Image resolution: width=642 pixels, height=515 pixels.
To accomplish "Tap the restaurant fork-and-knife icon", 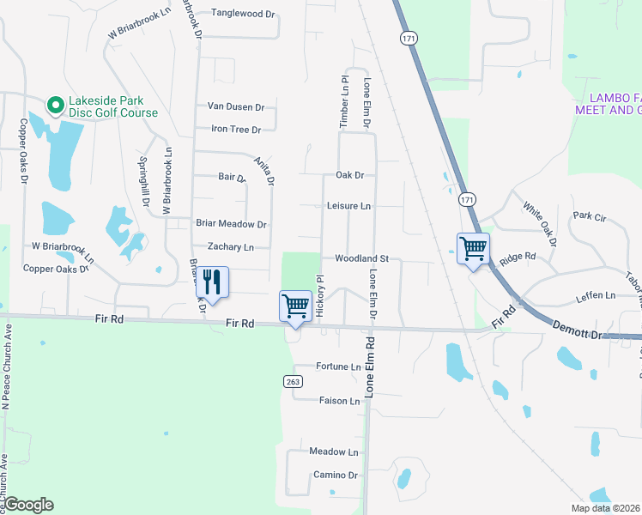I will pos(212,282).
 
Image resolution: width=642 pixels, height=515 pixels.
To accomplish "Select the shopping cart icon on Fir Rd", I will pos(295,306).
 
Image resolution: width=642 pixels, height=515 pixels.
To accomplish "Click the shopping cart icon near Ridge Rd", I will pos(473,249).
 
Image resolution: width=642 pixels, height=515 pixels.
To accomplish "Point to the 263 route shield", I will pos(291,380).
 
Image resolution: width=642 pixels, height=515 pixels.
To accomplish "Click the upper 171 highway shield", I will pos(407,38).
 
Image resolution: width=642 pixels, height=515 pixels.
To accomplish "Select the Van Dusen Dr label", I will pos(236,107).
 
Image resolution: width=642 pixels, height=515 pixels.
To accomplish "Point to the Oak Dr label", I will pos(350,175).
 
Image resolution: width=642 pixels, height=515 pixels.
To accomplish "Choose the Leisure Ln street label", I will pos(348,206).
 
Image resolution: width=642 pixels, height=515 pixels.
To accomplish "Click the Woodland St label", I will pos(362,258).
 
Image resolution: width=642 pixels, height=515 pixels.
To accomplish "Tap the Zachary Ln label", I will pos(226,247).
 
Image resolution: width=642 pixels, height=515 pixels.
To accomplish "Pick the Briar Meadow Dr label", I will pos(232,224).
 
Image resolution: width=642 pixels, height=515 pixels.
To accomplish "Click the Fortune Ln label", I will pos(338,367).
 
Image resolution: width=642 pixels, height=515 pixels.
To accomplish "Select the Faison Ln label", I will pos(340,401).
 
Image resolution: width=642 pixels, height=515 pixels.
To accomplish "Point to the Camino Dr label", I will pos(335,475).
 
